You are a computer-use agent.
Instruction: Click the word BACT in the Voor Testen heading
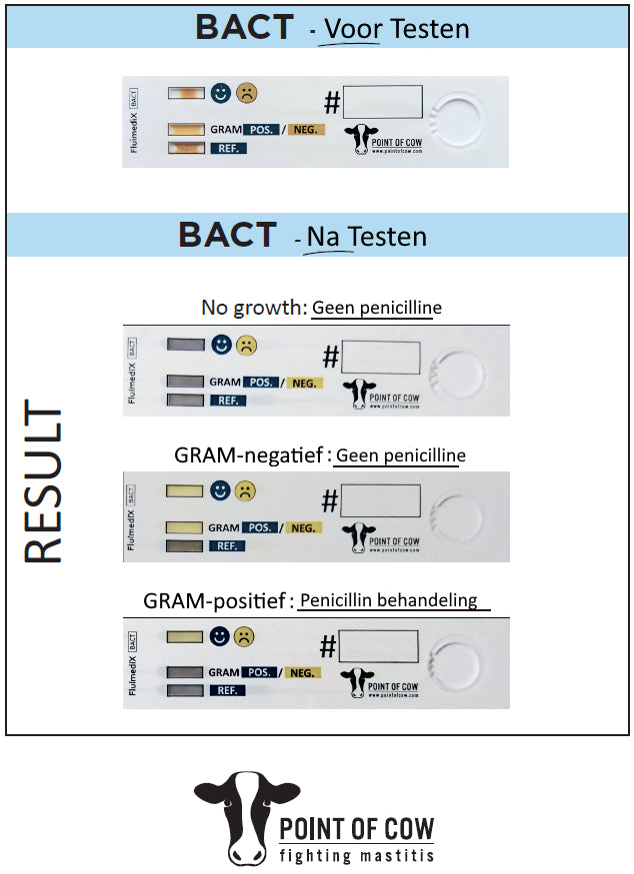click(x=245, y=27)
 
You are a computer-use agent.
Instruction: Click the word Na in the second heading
click(x=322, y=237)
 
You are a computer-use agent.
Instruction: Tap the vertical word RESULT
click(x=43, y=484)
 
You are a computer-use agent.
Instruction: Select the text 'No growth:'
click(x=254, y=308)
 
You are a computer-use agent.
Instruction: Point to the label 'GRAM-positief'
click(x=216, y=601)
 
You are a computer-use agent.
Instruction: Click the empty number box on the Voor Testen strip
click(x=383, y=104)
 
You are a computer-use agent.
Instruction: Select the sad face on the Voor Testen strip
click(x=246, y=94)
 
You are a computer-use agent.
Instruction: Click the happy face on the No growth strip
click(x=221, y=346)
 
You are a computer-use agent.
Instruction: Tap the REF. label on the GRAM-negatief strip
click(x=226, y=546)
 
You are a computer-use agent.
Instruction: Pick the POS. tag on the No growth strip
click(x=262, y=382)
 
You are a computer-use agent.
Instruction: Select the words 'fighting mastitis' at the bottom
click(x=356, y=855)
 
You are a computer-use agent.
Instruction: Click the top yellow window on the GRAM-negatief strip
click(x=185, y=490)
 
